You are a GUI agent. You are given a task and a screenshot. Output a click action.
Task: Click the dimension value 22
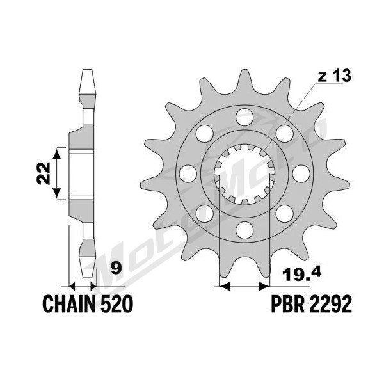[44, 173]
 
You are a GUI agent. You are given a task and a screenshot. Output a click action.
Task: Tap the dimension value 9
[116, 268]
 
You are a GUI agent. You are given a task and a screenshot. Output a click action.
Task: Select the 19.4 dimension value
[301, 274]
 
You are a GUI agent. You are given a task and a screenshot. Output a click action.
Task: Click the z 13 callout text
[334, 76]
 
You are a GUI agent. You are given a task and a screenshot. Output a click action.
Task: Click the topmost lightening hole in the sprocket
[244, 117]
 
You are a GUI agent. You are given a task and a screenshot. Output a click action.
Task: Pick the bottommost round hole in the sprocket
[244, 230]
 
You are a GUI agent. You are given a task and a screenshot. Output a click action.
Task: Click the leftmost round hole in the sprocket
[188, 173]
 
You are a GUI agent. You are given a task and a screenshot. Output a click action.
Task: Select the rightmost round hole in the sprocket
[301, 173]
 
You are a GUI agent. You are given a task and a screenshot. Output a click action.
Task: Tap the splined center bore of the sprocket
[244, 174]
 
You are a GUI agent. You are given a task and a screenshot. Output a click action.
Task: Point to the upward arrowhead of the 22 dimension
[57, 154]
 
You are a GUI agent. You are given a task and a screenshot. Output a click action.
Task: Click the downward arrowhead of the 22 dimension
[57, 193]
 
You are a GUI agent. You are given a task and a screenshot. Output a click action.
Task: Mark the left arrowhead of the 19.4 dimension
[225, 286]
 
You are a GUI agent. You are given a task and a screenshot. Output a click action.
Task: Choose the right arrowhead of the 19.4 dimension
[264, 286]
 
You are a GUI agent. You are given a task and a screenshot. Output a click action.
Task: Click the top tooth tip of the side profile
[88, 70]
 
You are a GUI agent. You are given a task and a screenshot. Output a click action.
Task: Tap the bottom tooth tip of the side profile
[88, 277]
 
